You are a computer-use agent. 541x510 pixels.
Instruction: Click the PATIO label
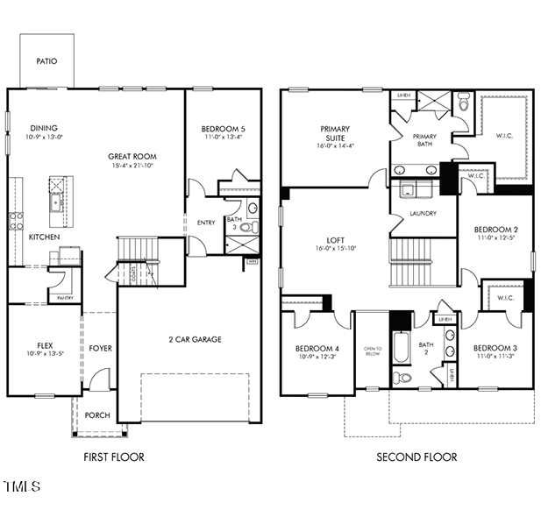pos(46,61)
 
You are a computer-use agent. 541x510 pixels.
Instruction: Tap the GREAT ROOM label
pos(132,157)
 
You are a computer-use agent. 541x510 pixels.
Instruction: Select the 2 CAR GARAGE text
pos(194,339)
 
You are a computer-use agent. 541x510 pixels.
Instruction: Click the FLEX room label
pos(46,344)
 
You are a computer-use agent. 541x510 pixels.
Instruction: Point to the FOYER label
pos(100,348)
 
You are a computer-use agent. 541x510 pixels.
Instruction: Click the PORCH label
pos(97,414)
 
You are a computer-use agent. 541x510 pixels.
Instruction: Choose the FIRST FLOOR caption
pos(114,457)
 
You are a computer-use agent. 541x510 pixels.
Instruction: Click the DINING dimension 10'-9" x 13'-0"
pos(46,137)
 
